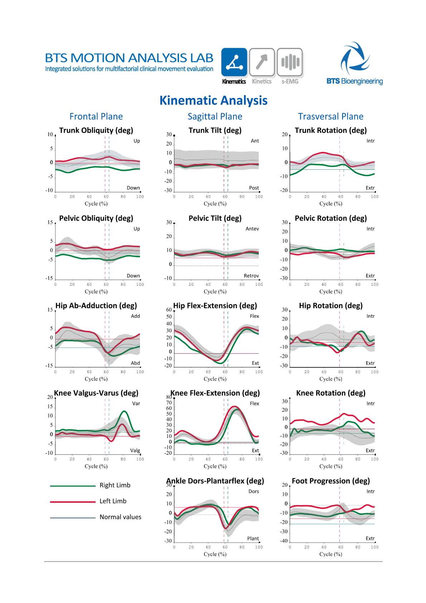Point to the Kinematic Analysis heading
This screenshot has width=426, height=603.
coord(213,101)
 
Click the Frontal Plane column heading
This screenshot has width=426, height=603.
coord(96,116)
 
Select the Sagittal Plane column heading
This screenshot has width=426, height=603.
coord(215,116)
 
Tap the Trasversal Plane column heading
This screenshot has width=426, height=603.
coord(330,116)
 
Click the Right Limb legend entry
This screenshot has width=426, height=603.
coord(115,485)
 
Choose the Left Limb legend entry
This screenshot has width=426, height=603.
coord(113,501)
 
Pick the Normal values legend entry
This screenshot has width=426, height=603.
coord(120,517)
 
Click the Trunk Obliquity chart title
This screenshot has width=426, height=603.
coord(96,130)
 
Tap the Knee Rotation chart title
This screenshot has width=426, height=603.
coord(331,393)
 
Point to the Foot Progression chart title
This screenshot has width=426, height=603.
coord(331,481)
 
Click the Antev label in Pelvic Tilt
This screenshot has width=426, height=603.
coord(252,229)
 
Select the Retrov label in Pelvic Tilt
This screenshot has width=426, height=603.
coord(251,276)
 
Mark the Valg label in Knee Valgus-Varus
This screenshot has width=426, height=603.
coord(135,450)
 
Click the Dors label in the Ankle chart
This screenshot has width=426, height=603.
coord(253,491)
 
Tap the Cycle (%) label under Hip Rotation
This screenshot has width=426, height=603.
coord(331,379)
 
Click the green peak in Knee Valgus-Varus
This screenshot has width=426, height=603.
coord(124,411)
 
